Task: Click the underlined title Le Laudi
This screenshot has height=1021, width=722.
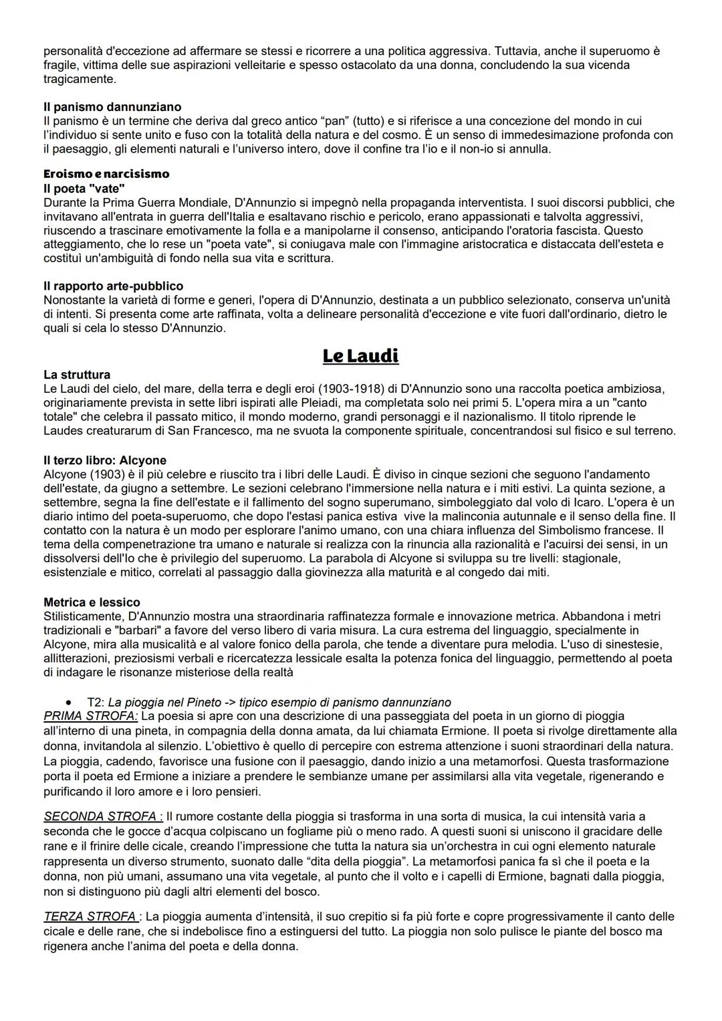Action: (360, 355)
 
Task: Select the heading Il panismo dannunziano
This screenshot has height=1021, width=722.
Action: (112, 107)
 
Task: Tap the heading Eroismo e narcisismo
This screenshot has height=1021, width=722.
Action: (106, 174)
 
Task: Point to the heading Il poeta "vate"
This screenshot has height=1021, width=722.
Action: (84, 189)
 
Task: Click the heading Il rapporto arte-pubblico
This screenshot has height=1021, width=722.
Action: (113, 286)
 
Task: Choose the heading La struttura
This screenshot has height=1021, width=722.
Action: (77, 375)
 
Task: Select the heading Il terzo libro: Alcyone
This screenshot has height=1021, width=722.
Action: (105, 460)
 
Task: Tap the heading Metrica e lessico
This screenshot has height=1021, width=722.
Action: (92, 602)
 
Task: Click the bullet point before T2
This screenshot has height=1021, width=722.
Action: (69, 703)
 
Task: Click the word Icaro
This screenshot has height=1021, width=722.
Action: (618, 502)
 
